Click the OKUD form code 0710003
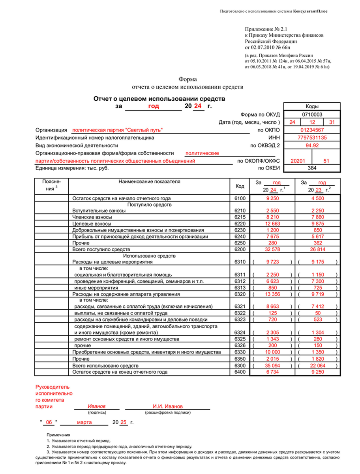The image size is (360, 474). (x=312, y=114)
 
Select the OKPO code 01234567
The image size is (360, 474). (x=312, y=130)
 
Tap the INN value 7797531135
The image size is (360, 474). (x=312, y=138)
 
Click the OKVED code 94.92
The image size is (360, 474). (x=312, y=145)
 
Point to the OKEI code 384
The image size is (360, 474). (x=312, y=168)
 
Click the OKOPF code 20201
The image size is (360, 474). (x=298, y=161)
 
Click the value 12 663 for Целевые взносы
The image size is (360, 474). (x=273, y=224)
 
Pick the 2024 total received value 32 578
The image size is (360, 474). (x=273, y=250)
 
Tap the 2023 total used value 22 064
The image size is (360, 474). (x=318, y=366)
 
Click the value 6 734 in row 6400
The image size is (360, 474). (x=273, y=372)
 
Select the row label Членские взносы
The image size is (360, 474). (x=92, y=217)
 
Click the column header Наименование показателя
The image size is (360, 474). (x=149, y=182)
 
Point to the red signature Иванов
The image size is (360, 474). (x=97, y=406)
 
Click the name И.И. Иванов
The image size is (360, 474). (x=168, y=406)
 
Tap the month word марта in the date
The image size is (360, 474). (x=84, y=422)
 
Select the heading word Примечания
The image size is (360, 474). (x=58, y=434)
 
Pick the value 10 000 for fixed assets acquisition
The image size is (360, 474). (x=273, y=352)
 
